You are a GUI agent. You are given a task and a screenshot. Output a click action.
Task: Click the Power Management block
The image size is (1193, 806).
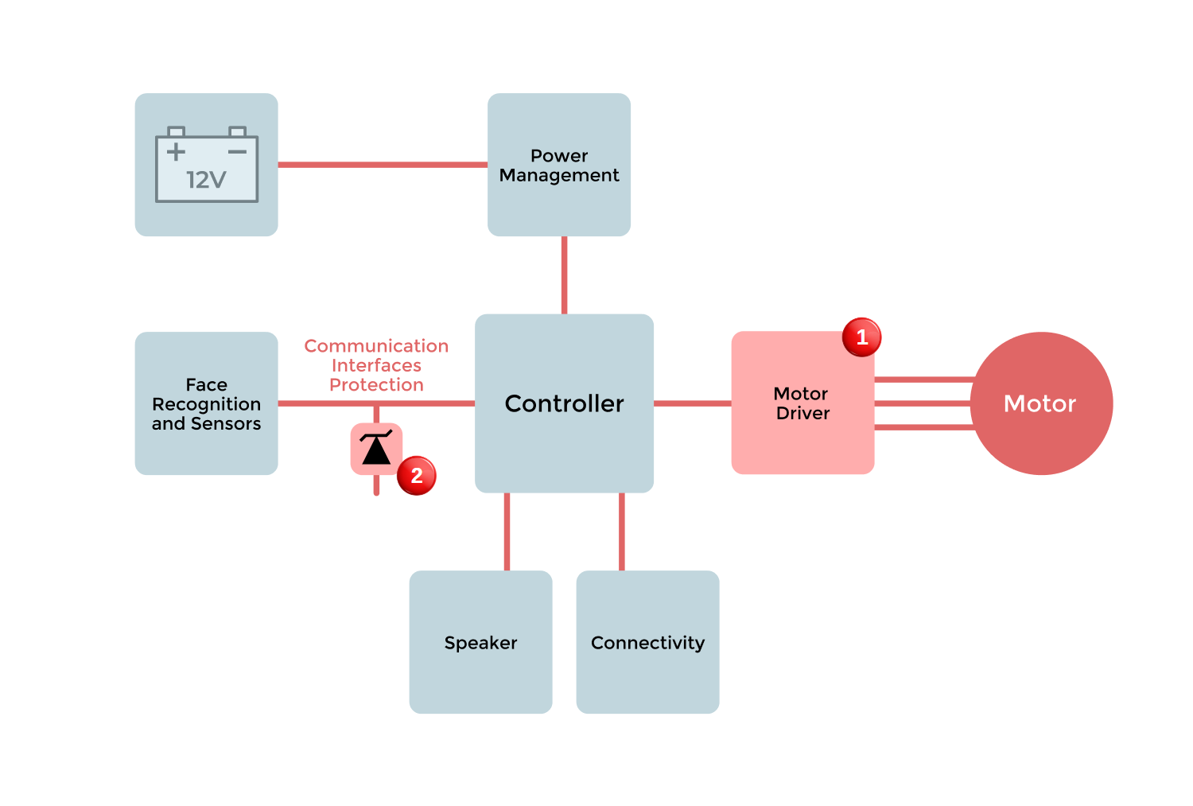tap(559, 165)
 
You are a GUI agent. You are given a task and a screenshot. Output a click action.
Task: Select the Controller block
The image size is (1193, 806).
tap(564, 403)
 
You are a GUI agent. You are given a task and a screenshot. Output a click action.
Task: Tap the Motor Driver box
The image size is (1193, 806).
tap(802, 403)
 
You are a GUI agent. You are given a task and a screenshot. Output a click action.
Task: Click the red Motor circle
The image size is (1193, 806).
tap(1040, 403)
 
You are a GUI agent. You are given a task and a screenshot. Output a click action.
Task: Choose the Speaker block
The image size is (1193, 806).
tap(480, 642)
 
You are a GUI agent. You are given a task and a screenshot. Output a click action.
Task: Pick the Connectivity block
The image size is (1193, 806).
tap(647, 642)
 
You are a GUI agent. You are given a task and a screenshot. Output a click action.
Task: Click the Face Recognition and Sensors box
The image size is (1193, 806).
tap(206, 403)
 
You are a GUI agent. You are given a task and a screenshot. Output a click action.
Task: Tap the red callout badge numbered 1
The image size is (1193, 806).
tap(861, 337)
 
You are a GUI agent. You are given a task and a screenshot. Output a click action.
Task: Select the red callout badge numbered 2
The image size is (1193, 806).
tap(416, 476)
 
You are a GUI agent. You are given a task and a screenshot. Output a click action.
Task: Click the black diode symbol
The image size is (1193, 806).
tap(376, 449)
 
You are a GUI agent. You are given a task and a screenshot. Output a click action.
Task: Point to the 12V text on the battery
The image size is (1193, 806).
tap(206, 181)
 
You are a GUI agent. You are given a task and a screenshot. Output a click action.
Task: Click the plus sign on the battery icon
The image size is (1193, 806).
tap(176, 151)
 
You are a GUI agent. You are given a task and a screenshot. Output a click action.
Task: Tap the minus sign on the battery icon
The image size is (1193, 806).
tap(237, 151)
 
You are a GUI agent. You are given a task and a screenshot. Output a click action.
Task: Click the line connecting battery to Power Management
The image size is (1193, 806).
tap(382, 165)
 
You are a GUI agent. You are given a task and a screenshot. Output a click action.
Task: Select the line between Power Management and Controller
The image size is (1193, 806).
tap(564, 275)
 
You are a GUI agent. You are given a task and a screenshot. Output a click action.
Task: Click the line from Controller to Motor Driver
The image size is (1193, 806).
tap(692, 403)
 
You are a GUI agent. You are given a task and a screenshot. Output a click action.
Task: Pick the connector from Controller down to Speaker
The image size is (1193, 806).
tap(507, 531)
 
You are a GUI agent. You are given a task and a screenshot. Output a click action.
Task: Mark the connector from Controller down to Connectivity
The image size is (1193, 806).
tap(621, 531)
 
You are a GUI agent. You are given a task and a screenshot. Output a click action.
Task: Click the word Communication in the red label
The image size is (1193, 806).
tap(376, 346)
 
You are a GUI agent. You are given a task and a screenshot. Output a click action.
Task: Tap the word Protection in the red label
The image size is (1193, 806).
tap(376, 385)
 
